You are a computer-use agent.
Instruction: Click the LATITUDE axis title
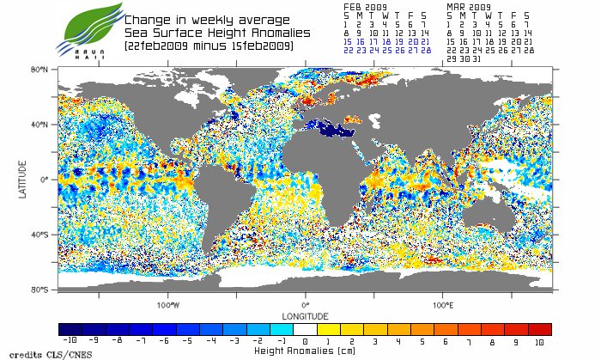23,179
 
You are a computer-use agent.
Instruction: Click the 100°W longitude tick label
168,304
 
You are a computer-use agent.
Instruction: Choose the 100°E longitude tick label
443,304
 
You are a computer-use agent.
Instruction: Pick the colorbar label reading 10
539,341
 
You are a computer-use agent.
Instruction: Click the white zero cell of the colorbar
306,329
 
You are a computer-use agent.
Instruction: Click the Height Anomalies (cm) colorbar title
306,351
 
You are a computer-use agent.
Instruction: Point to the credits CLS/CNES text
33,353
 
